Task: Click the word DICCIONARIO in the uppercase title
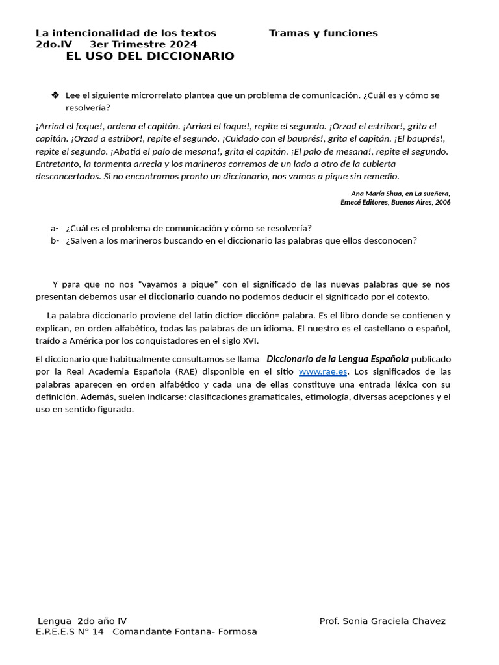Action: point(189,56)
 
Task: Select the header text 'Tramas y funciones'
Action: point(323,33)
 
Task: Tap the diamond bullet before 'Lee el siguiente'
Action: point(55,95)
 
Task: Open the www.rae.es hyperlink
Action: point(323,372)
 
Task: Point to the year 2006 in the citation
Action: point(442,202)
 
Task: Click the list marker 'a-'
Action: point(55,228)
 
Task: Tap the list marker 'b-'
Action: point(55,240)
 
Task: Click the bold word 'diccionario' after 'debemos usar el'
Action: point(172,297)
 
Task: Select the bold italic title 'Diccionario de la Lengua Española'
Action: point(337,359)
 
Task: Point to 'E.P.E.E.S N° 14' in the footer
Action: point(70,631)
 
